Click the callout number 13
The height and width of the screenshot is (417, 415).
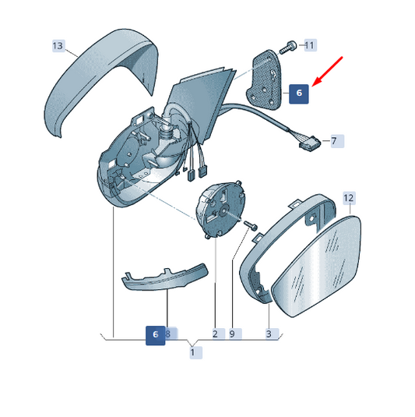coord(58,46)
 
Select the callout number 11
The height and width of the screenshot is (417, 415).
coord(309,45)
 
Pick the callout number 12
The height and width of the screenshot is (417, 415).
coord(349,198)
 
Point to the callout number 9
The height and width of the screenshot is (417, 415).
coord(234,334)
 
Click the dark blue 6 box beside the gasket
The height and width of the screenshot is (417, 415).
coord(299,94)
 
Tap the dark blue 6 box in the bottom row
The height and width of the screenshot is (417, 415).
coord(156,336)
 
